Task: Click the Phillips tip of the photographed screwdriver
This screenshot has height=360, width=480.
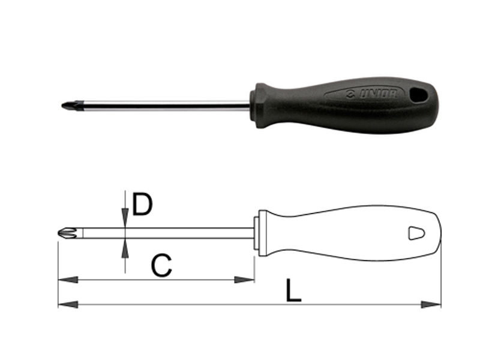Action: [x=67, y=106]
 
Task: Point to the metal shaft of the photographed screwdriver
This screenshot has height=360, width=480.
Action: [x=162, y=106]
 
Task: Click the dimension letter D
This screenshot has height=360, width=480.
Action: [x=142, y=205]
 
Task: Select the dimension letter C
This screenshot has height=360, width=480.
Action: [x=161, y=265]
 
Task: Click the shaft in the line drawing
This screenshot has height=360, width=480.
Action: [x=180, y=233]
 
